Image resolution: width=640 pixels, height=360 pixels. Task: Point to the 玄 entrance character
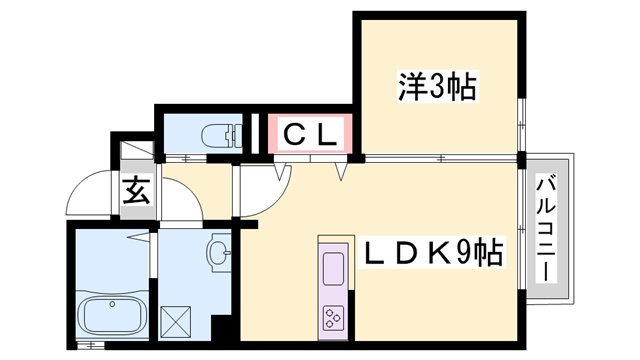137,190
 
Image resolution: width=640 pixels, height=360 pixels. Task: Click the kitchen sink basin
331,268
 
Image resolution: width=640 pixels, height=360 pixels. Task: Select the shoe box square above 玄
135,151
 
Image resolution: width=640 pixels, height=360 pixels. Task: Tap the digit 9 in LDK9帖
465,252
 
